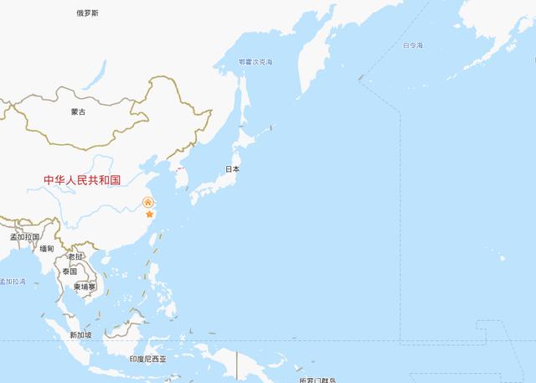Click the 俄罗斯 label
tap(86, 13)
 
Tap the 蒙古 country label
tap(78, 111)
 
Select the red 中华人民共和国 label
tap(83, 180)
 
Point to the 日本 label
tap(232, 169)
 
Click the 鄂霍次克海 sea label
tap(255, 62)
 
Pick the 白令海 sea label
tap(413, 45)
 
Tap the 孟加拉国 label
tap(25, 237)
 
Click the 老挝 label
tap(75, 256)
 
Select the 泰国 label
tap(69, 272)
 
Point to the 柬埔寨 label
tap(85, 287)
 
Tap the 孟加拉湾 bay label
tap(13, 282)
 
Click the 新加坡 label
tap(80, 335)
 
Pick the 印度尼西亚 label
tap(147, 359)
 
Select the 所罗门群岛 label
tap(317, 380)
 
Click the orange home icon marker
tap(147, 202)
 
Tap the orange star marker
tap(150, 215)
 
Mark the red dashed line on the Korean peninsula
tap(179, 167)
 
